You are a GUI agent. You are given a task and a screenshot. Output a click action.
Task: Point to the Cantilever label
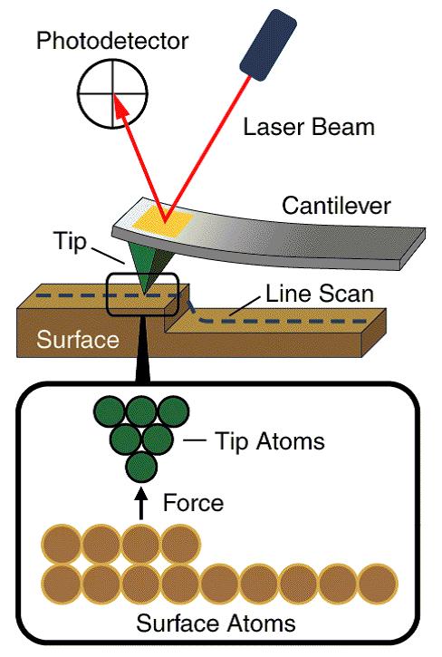pyautogui.click(x=335, y=206)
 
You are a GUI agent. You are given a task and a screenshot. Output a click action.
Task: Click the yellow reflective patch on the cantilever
pyautogui.click(x=163, y=220)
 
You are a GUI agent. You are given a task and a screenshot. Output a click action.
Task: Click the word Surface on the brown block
pyautogui.click(x=77, y=340)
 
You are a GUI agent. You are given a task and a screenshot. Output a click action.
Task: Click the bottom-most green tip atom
pyautogui.click(x=140, y=469)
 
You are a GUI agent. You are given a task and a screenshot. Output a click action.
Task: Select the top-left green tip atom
pyautogui.click(x=110, y=412)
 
